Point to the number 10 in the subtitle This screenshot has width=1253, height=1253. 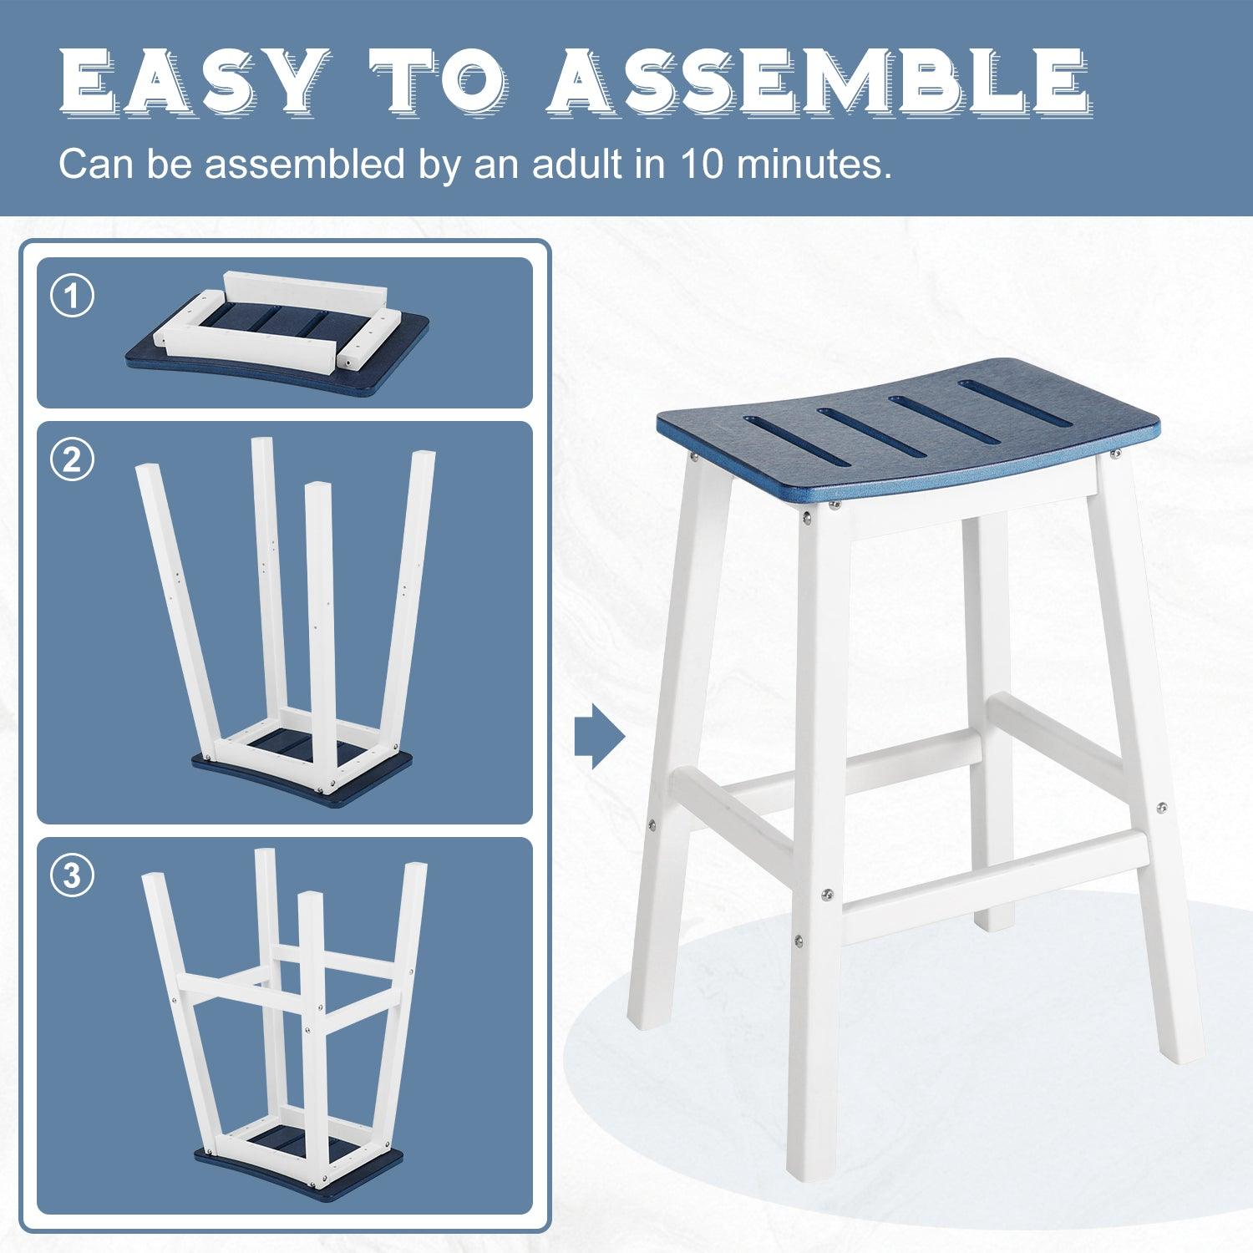tap(702, 164)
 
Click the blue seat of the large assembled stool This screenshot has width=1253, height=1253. tap(888, 443)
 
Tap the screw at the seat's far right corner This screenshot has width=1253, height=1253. tap(1115, 454)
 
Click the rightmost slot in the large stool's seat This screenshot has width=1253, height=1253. tap(1014, 403)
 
